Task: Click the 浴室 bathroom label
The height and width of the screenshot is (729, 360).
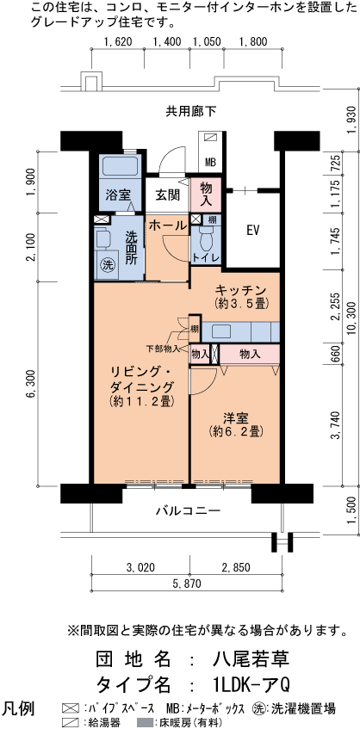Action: click(x=117, y=194)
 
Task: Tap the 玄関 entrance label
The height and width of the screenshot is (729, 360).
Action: click(x=167, y=195)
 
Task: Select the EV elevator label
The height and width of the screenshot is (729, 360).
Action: click(x=252, y=230)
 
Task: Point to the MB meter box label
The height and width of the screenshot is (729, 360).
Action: click(x=211, y=163)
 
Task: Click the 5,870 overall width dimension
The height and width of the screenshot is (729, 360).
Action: click(x=187, y=584)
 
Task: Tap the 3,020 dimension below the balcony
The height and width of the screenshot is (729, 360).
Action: click(x=140, y=568)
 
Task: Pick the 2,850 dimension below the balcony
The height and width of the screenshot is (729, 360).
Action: click(x=236, y=568)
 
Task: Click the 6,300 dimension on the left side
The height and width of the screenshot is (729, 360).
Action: click(x=31, y=387)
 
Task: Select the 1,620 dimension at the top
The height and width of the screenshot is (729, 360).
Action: click(x=118, y=42)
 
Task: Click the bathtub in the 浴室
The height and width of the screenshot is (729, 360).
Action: click(x=120, y=166)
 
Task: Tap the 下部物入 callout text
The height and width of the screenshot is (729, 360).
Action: click(x=163, y=348)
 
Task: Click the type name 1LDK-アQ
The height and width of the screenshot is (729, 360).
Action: click(x=251, y=685)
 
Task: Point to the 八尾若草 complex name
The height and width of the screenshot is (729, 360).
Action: click(x=251, y=659)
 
